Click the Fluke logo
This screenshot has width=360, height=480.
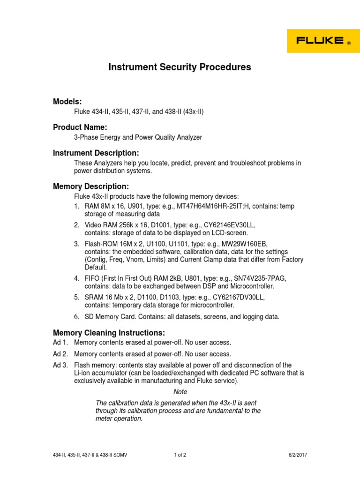(x=323, y=41)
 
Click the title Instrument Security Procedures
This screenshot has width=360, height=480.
(x=180, y=67)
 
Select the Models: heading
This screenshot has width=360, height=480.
(x=67, y=102)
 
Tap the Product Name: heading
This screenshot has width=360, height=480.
(x=80, y=127)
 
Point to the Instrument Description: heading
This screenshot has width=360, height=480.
(x=96, y=153)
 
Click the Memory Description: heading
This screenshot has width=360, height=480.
(x=91, y=187)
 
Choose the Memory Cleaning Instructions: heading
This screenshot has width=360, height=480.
(x=109, y=333)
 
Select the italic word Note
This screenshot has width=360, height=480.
(x=180, y=392)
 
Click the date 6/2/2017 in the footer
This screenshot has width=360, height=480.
(x=297, y=455)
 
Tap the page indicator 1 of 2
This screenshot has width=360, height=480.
(x=180, y=455)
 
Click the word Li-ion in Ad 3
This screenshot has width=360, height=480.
(x=83, y=373)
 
